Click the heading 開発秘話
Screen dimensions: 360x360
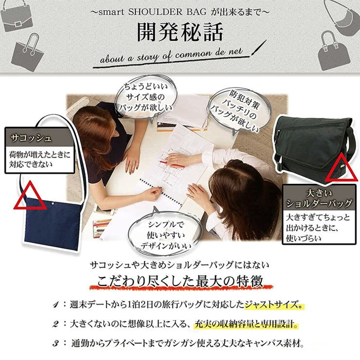180,32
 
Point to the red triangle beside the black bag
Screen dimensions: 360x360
343,168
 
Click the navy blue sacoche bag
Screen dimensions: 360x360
53,221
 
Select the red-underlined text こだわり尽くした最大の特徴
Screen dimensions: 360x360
180,282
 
